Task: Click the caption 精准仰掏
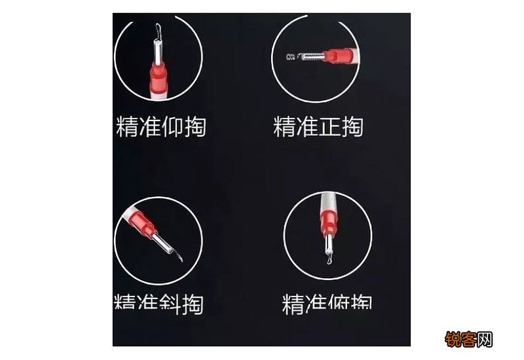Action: pyautogui.click(x=161, y=126)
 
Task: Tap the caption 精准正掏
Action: pyautogui.click(x=318, y=126)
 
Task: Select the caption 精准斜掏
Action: pyautogui.click(x=159, y=304)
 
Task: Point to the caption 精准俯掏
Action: pyautogui.click(x=327, y=304)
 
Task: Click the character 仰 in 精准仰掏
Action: pyautogui.click(x=172, y=126)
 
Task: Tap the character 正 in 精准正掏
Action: pyautogui.click(x=329, y=126)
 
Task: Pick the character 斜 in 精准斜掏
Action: pyautogui.click(x=169, y=304)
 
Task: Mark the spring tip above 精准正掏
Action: pyautogui.click(x=291, y=57)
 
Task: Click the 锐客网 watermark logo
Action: pyautogui.click(x=468, y=340)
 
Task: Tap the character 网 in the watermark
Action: pyautogui.click(x=485, y=340)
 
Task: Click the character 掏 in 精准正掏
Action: pyautogui.click(x=352, y=126)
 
